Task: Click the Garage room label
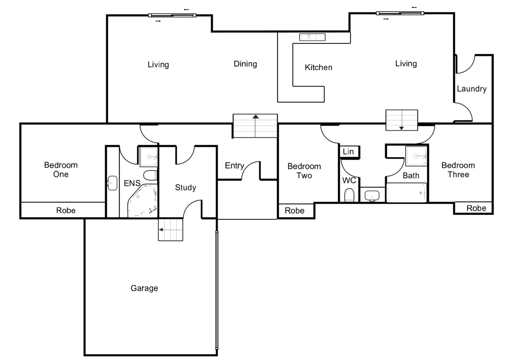[144, 288]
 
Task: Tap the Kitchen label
[318, 67]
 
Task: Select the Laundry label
[471, 89]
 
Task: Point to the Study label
[185, 187]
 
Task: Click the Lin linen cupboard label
[348, 152]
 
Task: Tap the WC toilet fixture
[349, 195]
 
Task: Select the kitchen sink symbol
[312, 37]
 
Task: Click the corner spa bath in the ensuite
[143, 201]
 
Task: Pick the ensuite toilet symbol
[150, 175]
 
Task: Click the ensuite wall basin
[112, 183]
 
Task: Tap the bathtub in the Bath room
[407, 193]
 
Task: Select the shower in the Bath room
[416, 156]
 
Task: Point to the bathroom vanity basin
[372, 195]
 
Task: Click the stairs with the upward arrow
[255, 126]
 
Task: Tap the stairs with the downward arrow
[401, 120]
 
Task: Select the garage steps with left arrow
[170, 230]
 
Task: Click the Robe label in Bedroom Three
[476, 208]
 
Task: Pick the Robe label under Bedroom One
[66, 210]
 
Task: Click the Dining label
[245, 64]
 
